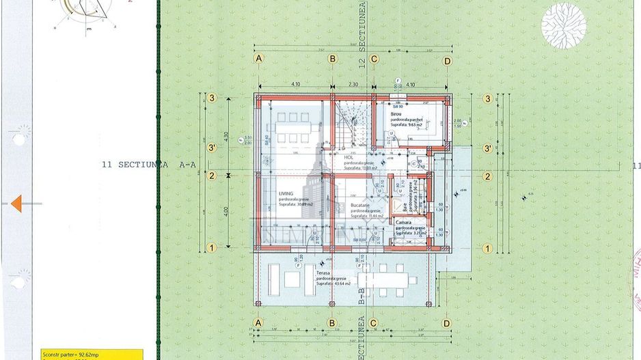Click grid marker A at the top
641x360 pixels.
pyautogui.click(x=259, y=59)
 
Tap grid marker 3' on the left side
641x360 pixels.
pyautogui.click(x=212, y=148)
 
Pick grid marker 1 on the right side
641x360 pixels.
pyautogui.click(x=487, y=248)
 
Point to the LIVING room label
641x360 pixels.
pyautogui.click(x=286, y=194)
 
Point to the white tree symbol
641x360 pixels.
pyautogui.click(x=563, y=25)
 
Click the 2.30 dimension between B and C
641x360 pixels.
pyautogui.click(x=353, y=83)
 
